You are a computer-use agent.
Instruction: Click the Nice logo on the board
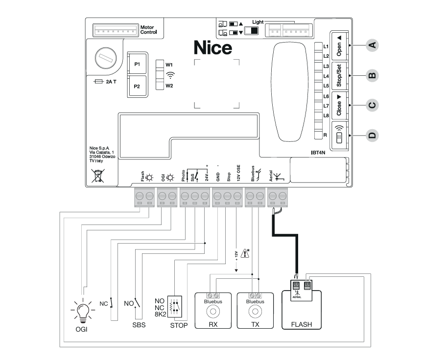pyautogui.click(x=212, y=48)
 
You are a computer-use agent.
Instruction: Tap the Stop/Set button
pyautogui.click(x=339, y=76)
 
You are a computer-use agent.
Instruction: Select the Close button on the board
pyautogui.click(x=339, y=105)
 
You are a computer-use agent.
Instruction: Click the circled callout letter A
pyautogui.click(x=372, y=45)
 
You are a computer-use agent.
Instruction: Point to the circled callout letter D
pyautogui.click(x=372, y=135)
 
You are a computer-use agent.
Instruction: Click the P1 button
pyautogui.click(x=137, y=64)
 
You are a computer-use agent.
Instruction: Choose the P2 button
pyautogui.click(x=137, y=87)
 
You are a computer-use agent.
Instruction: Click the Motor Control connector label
pyautogui.click(x=148, y=30)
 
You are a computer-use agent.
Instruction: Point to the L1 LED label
pyautogui.click(x=326, y=46)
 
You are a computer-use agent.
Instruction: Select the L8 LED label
pyautogui.click(x=326, y=115)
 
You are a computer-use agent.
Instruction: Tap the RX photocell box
pyautogui.click(x=213, y=310)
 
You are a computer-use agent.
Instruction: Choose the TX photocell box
pyautogui.click(x=254, y=310)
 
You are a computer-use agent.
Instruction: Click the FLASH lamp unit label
pyautogui.click(x=301, y=324)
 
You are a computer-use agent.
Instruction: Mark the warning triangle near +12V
pyautogui.click(x=246, y=253)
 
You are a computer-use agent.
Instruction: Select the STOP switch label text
pyautogui.click(x=179, y=325)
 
